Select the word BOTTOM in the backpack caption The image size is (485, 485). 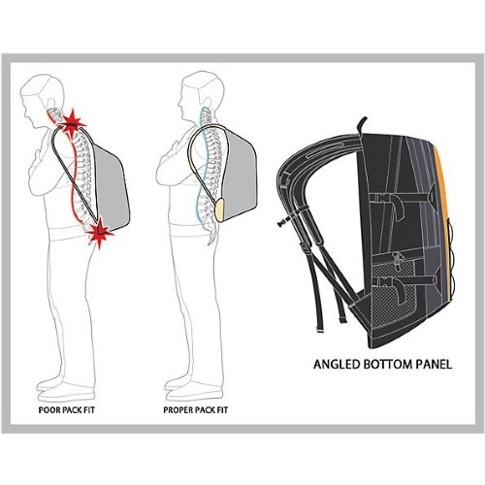[387, 365]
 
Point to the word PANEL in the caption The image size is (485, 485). [434, 365]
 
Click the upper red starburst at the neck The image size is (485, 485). [72, 123]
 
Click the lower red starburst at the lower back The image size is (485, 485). [100, 232]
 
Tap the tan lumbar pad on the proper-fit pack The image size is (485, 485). [219, 210]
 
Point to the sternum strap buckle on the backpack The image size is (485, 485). [284, 221]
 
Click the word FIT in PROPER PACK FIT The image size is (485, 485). [221, 410]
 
